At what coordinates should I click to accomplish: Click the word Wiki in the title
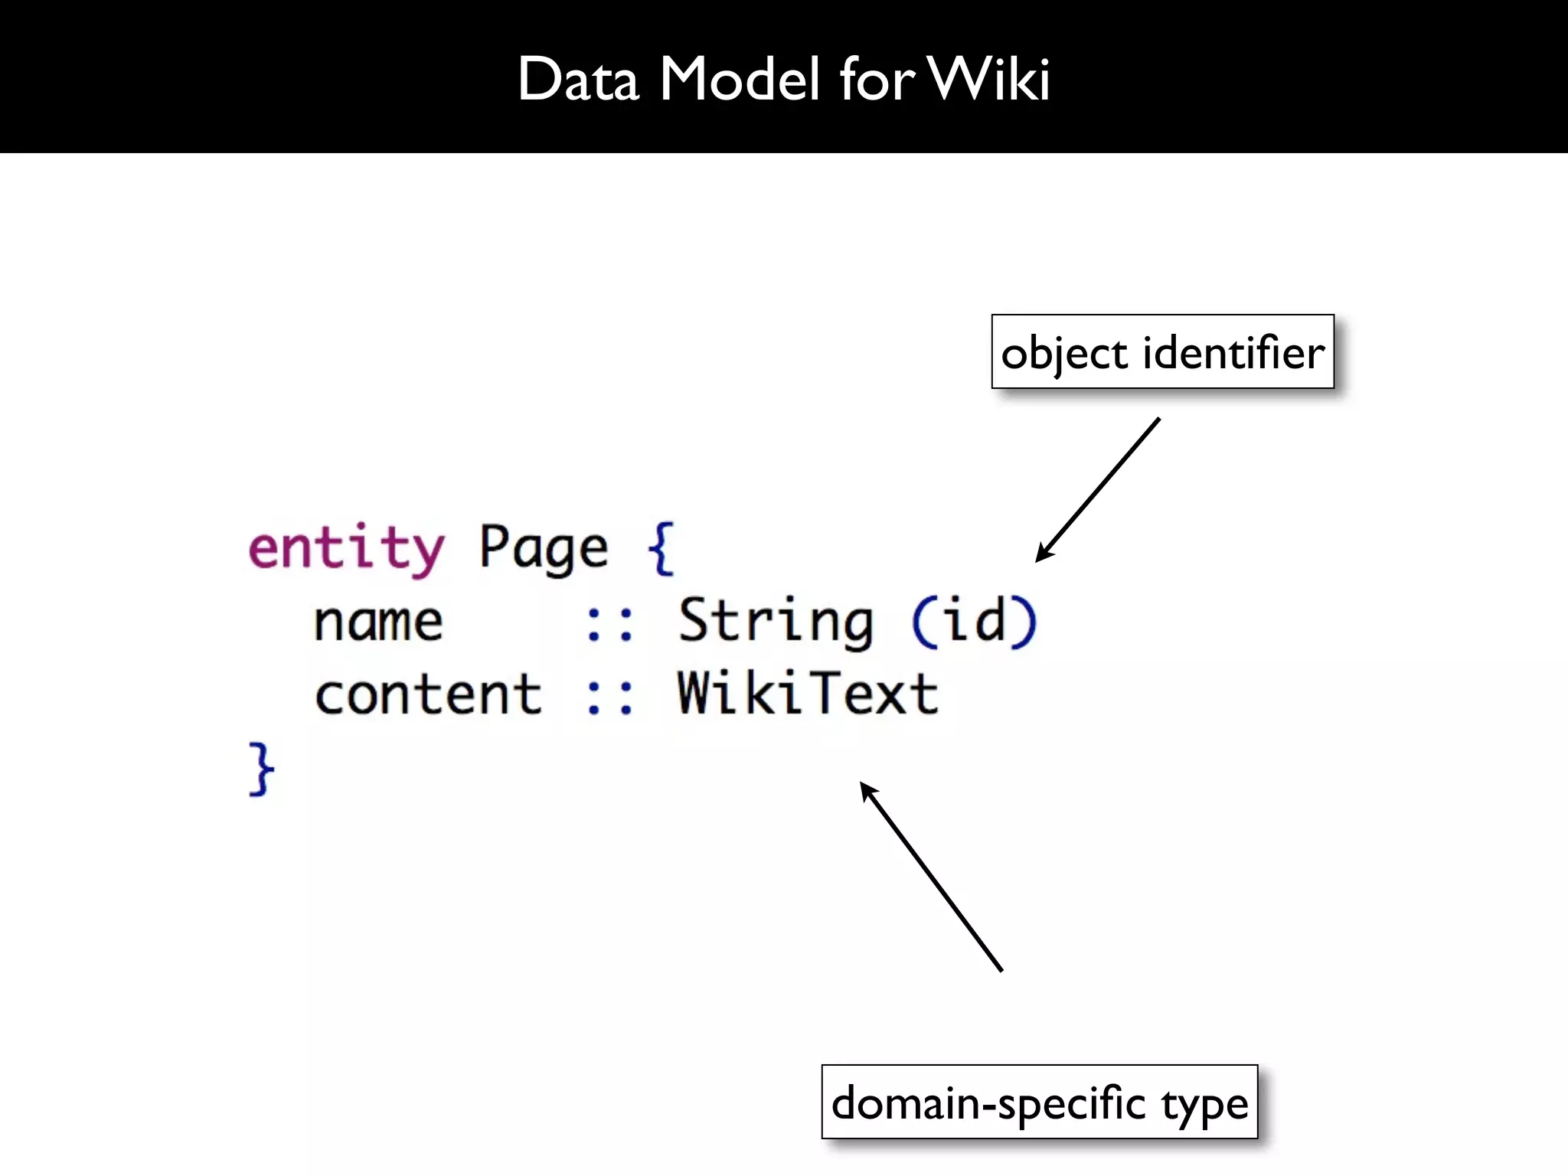click(x=989, y=79)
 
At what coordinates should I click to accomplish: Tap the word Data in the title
click(x=578, y=79)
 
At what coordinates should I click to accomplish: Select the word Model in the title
click(x=739, y=79)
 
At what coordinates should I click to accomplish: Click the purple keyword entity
click(x=346, y=548)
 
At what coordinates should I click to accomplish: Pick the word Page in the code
click(x=544, y=548)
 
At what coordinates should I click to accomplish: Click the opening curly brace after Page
click(x=661, y=548)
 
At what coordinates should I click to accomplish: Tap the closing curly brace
click(x=261, y=769)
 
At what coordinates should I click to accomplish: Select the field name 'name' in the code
click(x=378, y=622)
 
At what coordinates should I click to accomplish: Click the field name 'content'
click(x=429, y=695)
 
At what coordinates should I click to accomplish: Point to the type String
click(x=776, y=622)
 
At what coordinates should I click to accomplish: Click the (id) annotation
click(x=974, y=622)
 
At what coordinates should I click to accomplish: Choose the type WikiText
click(x=808, y=694)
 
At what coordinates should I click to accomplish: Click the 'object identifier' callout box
click(x=1162, y=351)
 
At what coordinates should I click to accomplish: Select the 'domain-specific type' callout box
click(x=1039, y=1102)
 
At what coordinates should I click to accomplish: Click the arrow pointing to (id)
click(x=1098, y=490)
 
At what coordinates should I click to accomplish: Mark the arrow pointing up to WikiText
click(x=931, y=877)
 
